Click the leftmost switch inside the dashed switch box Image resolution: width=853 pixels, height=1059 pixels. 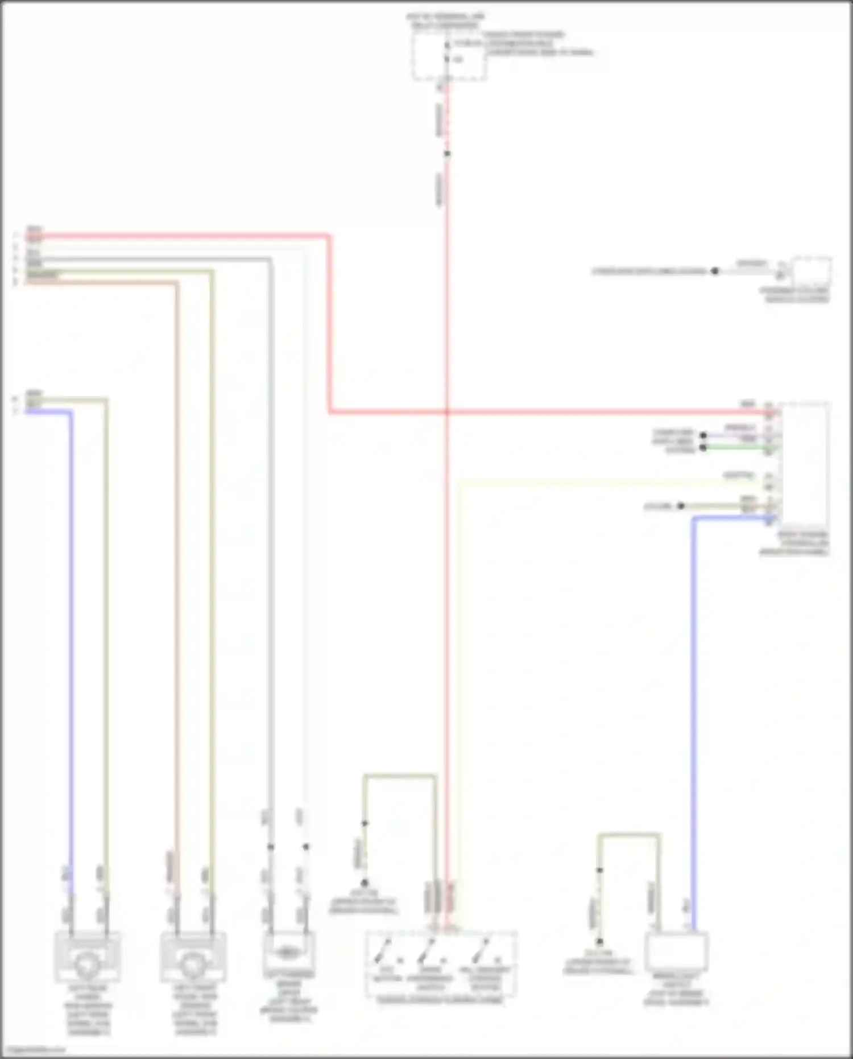coord(386,952)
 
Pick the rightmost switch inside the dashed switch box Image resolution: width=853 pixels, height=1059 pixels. coord(483,952)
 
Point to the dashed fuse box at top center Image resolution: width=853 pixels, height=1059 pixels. coord(449,57)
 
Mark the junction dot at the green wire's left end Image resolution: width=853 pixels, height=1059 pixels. coord(703,448)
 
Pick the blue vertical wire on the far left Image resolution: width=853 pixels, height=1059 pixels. coord(71,626)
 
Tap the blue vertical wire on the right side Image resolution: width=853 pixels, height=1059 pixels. coord(694,711)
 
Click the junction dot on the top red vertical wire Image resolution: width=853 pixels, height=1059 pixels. coord(447,154)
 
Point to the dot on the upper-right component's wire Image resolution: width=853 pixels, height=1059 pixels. coord(715,271)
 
